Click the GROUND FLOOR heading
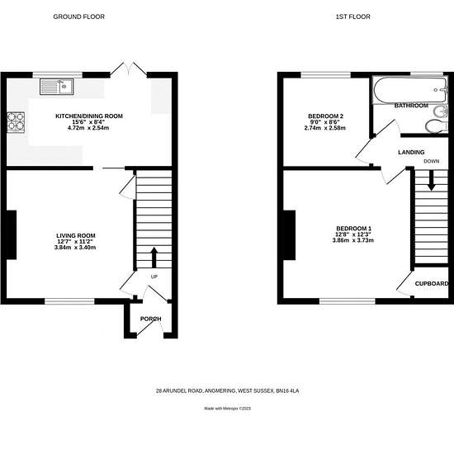coord(78,17)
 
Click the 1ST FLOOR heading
coord(352,17)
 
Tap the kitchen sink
coord(57,87)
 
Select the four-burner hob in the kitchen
coord(16,121)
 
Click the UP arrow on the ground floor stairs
coord(154,257)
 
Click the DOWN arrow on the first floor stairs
coord(432,180)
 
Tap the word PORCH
coord(150,319)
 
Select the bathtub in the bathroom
coord(410,90)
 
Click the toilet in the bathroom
coord(437,126)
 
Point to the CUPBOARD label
coord(432,283)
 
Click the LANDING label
coord(411,152)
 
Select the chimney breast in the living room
coord(12,234)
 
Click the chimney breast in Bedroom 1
coord(289,234)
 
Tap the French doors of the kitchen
coord(129,69)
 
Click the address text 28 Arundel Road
coord(227,391)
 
